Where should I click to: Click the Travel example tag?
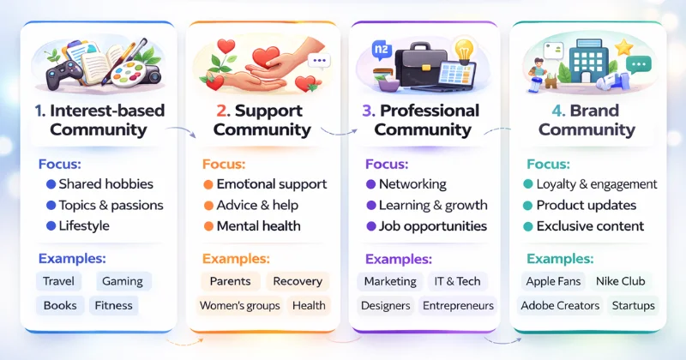59,281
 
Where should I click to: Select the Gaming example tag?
123,281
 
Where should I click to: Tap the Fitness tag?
113,305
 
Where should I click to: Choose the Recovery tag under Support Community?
298,281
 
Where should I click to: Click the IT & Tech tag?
457,281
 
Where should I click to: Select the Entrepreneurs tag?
457,305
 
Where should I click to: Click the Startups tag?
633,305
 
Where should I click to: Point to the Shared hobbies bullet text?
105,184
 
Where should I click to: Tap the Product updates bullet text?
586,205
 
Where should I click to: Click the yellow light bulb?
463,49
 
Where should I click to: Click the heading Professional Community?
424,121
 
